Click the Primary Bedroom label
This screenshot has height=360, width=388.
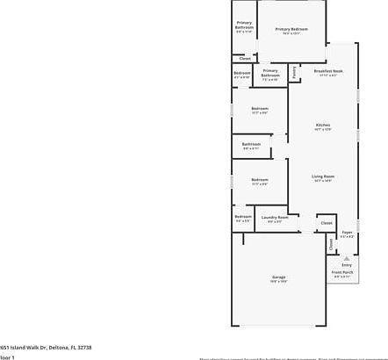tap(291, 30)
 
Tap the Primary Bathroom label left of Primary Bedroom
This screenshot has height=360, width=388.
tap(244, 25)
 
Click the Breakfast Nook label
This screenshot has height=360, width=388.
tap(327, 71)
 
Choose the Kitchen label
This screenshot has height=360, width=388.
tap(323, 126)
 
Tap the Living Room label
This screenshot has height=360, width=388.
tap(323, 176)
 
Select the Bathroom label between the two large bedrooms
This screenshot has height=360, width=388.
tap(251, 144)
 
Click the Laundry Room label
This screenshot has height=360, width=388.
tap(275, 217)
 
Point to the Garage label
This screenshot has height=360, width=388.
tap(278, 277)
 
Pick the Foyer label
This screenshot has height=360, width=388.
tap(347, 233)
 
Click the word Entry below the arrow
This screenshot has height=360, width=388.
tap(346, 265)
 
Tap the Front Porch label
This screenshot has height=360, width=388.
tap(341, 272)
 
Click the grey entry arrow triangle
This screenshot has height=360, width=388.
tap(346, 258)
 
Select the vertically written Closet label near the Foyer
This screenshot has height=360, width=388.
tap(332, 246)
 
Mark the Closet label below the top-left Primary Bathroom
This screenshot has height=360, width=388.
tap(244, 59)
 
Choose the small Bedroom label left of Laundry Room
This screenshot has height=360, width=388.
tap(242, 217)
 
